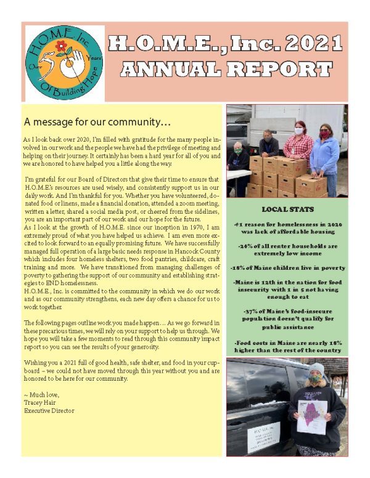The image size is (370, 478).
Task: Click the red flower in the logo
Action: coord(60,45)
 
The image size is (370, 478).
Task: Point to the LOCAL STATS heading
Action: coord(287,209)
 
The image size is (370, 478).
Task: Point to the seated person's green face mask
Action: coord(238,150)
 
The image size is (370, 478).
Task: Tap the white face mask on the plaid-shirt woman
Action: coord(298,131)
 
